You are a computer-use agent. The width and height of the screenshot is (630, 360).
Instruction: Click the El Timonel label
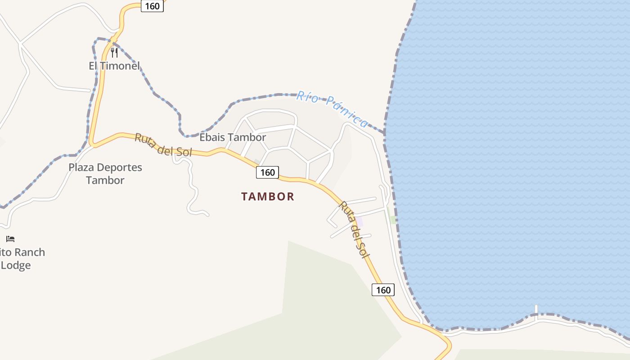point(114,66)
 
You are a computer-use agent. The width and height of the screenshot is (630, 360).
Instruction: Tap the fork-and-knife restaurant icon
point(114,53)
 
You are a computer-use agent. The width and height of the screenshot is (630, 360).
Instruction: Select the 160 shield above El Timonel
point(152,6)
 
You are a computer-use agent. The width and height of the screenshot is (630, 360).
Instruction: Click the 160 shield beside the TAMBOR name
point(267,172)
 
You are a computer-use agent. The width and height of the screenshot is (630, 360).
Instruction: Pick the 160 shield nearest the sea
point(383,290)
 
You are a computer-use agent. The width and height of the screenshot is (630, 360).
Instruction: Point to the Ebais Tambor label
point(233,137)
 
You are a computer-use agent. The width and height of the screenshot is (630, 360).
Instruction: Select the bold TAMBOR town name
point(268,197)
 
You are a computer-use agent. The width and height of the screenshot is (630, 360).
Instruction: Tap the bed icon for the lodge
point(10,238)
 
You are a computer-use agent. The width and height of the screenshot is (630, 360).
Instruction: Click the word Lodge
point(16,265)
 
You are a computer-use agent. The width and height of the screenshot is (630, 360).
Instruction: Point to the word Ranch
point(27,252)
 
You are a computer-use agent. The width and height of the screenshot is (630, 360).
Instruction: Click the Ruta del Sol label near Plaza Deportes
point(163,145)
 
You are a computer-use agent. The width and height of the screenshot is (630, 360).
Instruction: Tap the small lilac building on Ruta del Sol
point(360,222)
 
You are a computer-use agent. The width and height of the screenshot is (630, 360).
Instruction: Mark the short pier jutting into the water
point(536,310)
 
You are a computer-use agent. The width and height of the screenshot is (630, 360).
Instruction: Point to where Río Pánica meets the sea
point(384,133)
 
